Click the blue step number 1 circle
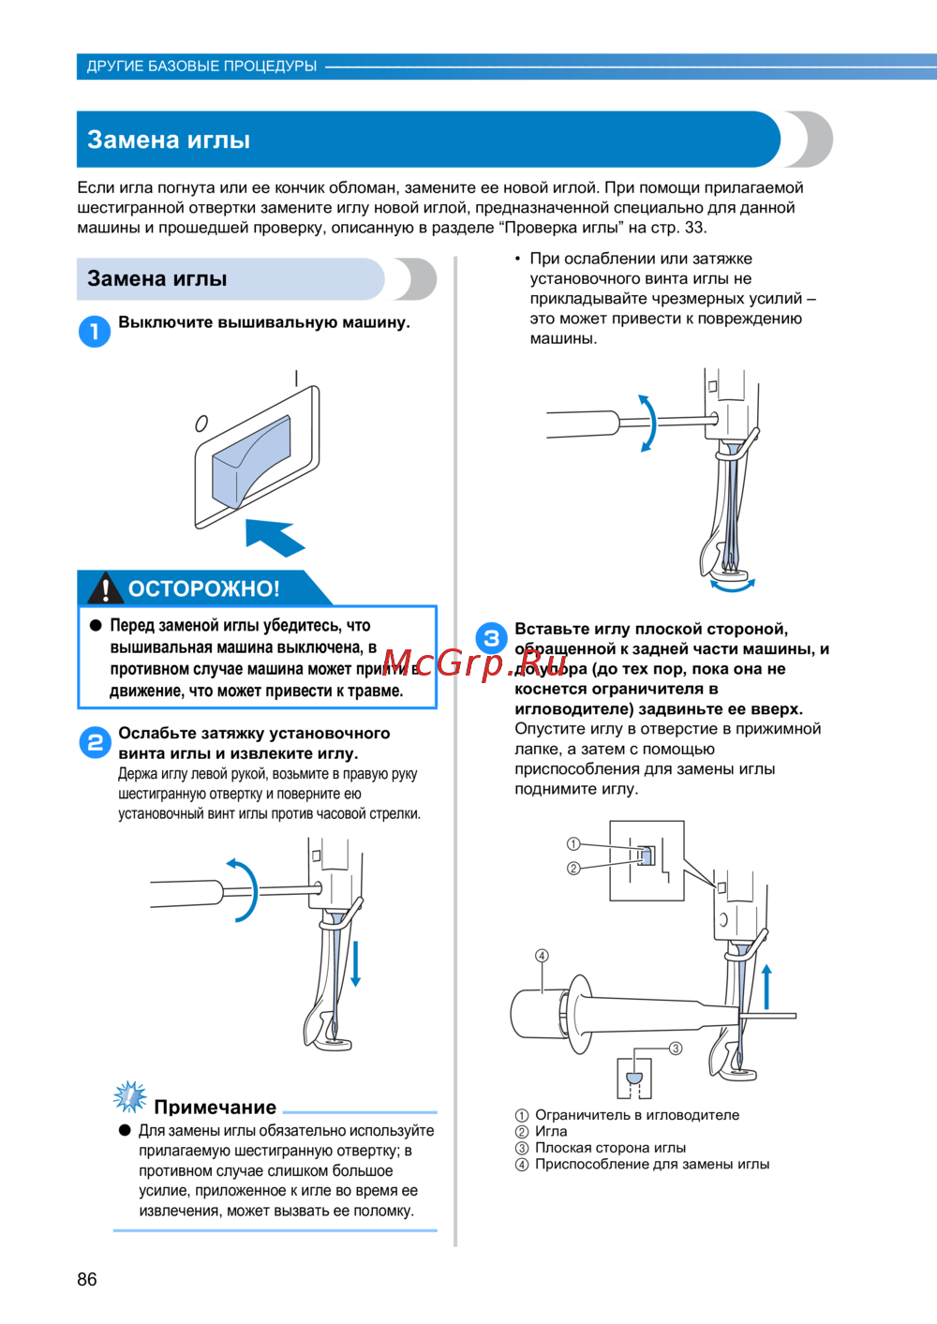tap(94, 331)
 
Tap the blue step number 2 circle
tap(94, 743)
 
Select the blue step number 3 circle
tap(491, 639)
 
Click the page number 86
tap(87, 1279)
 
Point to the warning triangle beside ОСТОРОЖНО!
tap(105, 588)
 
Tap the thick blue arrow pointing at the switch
tap(275, 538)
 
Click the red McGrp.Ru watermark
tap(475, 663)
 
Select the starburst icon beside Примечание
tap(129, 1096)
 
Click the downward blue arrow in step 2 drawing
tap(355, 964)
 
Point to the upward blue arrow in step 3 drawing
tap(766, 987)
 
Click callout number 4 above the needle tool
tap(542, 956)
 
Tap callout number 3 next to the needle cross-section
tap(676, 1049)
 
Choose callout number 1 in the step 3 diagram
tap(573, 844)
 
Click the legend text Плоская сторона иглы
tap(610, 1148)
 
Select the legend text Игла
tap(551, 1131)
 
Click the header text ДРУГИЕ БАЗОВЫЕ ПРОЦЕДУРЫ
tap(201, 67)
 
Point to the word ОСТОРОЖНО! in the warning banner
tap(203, 588)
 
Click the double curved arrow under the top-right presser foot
tap(732, 587)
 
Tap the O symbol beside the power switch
tap(201, 424)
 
